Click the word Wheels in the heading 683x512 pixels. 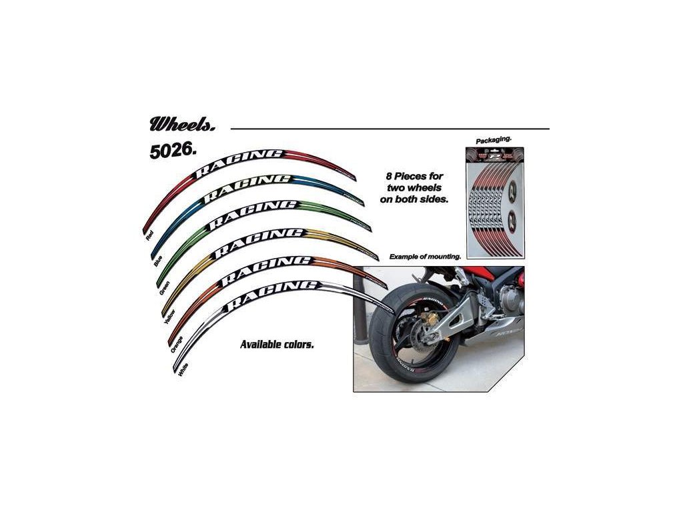(175, 124)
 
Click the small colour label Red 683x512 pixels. (149, 234)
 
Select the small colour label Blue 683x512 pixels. (158, 261)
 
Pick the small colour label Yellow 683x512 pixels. (169, 314)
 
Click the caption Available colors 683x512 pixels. (276, 345)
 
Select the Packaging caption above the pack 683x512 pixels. (494, 141)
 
